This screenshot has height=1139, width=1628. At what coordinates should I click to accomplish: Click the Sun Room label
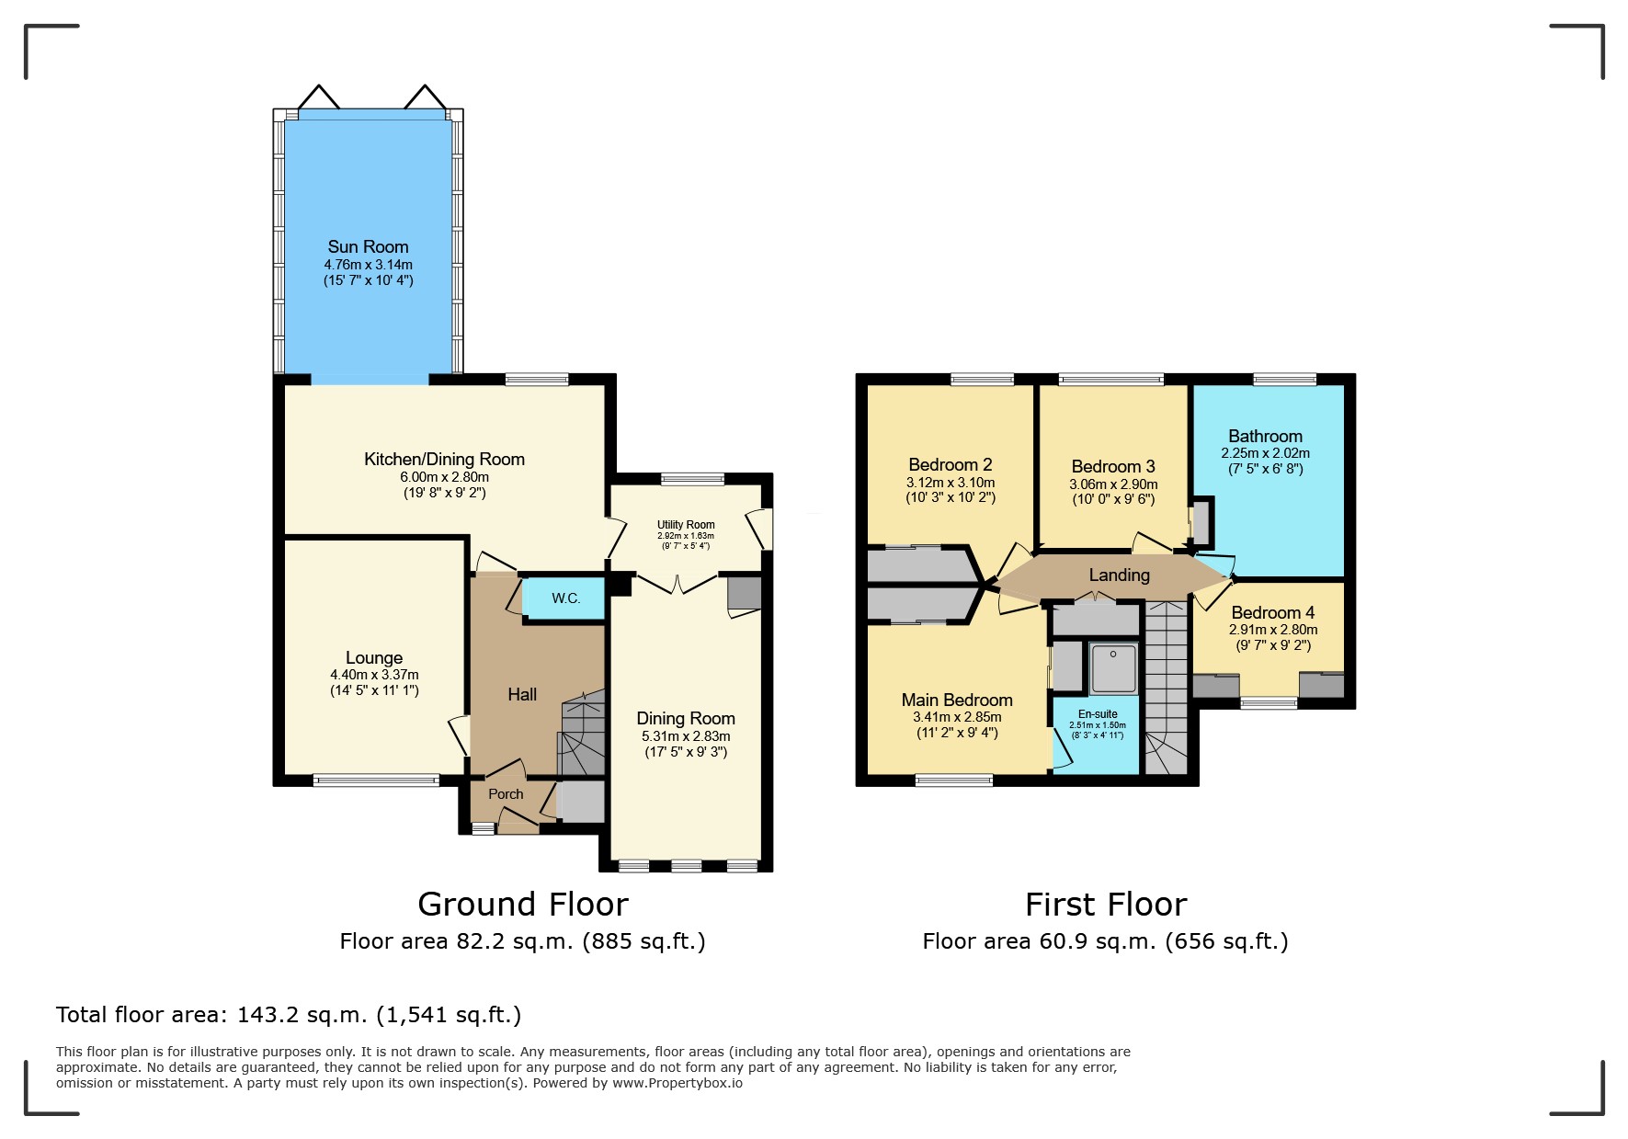pyautogui.click(x=368, y=246)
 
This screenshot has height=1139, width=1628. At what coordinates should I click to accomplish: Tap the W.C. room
pyautogui.click(x=564, y=598)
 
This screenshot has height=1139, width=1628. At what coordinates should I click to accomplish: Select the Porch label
pyautogui.click(x=506, y=794)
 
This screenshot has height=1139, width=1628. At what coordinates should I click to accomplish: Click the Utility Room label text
pyautogui.click(x=686, y=525)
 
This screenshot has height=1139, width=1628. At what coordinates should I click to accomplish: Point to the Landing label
pyautogui.click(x=1119, y=575)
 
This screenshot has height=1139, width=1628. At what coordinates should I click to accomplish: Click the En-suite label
pyautogui.click(x=1098, y=714)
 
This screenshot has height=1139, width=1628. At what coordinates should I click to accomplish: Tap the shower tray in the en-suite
pyautogui.click(x=1113, y=668)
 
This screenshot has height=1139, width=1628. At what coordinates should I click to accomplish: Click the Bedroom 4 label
pyautogui.click(x=1273, y=612)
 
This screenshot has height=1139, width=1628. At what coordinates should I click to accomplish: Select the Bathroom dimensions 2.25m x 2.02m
pyautogui.click(x=1265, y=453)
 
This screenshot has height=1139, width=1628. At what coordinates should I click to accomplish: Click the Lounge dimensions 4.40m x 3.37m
pyautogui.click(x=374, y=675)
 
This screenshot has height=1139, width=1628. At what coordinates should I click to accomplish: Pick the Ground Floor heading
pyautogui.click(x=523, y=905)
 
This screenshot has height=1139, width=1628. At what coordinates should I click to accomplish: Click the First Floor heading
pyautogui.click(x=1106, y=905)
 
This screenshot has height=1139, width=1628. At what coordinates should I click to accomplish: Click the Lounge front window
pyautogui.click(x=376, y=780)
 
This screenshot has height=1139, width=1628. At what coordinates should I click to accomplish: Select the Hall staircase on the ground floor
pyautogui.click(x=582, y=733)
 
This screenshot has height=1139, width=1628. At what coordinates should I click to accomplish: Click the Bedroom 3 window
pyautogui.click(x=1111, y=379)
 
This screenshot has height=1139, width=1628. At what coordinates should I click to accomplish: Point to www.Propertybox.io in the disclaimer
pyautogui.click(x=677, y=1083)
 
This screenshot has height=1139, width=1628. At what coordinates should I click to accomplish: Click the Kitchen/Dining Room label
pyautogui.click(x=444, y=460)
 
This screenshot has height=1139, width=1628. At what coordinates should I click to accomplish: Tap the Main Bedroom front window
pyautogui.click(x=954, y=780)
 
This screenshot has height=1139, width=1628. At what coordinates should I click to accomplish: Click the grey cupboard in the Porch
pyautogui.click(x=581, y=802)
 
